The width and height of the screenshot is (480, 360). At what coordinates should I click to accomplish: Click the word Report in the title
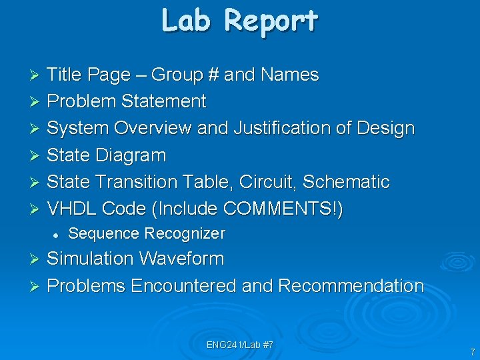(x=271, y=21)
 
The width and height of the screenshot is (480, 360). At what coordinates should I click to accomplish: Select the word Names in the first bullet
(x=290, y=75)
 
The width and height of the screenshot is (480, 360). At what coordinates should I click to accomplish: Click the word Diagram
(x=130, y=155)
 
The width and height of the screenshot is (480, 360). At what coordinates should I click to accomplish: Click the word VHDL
(x=73, y=209)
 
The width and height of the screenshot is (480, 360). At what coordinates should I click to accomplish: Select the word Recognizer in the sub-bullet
(x=185, y=233)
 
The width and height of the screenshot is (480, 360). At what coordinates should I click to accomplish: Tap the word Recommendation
(x=351, y=286)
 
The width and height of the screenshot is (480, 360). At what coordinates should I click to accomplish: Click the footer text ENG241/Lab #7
(x=240, y=345)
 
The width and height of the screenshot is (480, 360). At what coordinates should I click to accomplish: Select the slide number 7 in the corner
(x=472, y=351)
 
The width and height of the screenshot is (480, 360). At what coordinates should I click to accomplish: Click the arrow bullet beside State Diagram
(x=37, y=156)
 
